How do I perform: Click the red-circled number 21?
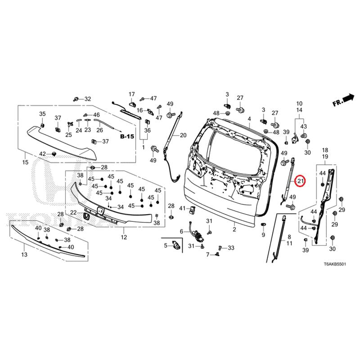click(x=301, y=181)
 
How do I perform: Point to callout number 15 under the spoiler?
click(x=25, y=162)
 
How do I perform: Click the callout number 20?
click(x=183, y=135)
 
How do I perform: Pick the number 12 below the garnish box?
click(x=124, y=237)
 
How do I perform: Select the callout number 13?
click(x=24, y=255)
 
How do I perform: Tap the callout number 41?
click(x=182, y=208)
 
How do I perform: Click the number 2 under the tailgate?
click(x=234, y=229)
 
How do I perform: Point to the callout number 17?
click(x=132, y=94)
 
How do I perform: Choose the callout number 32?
click(x=87, y=99)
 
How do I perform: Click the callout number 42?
click(x=43, y=154)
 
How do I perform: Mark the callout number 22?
click(x=73, y=212)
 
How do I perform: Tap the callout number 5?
click(x=165, y=245)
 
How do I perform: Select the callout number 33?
click(x=231, y=248)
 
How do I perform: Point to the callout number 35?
click(x=42, y=113)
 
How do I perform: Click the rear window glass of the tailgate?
click(x=234, y=148)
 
